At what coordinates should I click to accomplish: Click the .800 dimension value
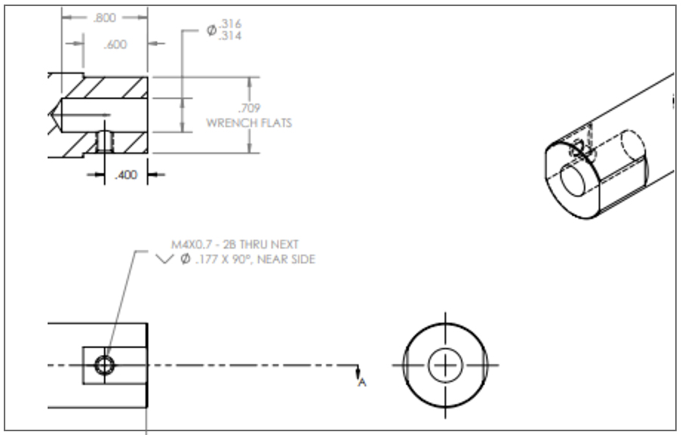click(105, 18)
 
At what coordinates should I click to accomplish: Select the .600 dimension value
click(115, 45)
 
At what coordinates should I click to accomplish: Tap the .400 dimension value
click(126, 175)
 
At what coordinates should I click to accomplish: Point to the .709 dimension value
click(249, 108)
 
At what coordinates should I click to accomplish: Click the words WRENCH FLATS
click(249, 123)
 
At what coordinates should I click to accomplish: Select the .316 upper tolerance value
click(230, 23)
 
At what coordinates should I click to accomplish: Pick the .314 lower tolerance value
click(230, 35)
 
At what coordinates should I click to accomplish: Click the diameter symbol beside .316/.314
click(211, 30)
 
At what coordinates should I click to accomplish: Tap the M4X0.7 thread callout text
click(191, 245)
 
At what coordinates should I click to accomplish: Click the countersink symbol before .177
click(164, 259)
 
